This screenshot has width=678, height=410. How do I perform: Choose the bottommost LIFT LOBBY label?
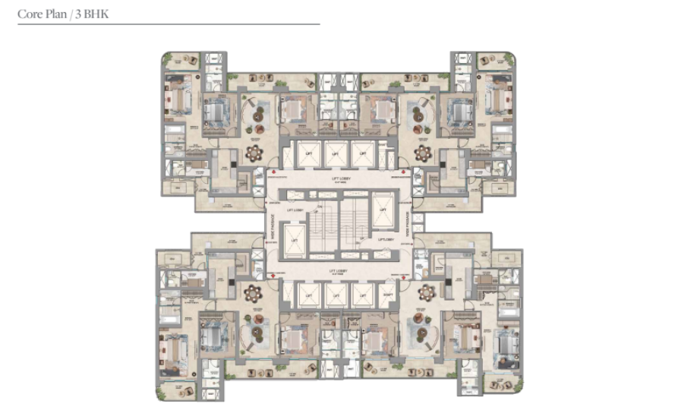339,270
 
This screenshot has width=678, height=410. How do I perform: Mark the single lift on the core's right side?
382,205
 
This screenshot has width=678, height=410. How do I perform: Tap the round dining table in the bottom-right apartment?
426,292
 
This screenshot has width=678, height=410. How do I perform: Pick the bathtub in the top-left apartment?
174,140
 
